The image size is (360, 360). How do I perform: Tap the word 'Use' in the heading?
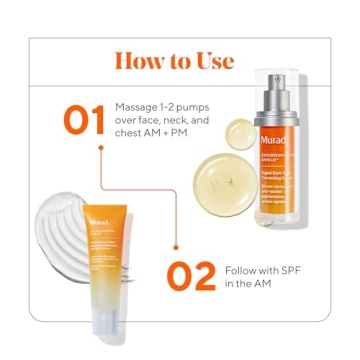pos(213,60)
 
